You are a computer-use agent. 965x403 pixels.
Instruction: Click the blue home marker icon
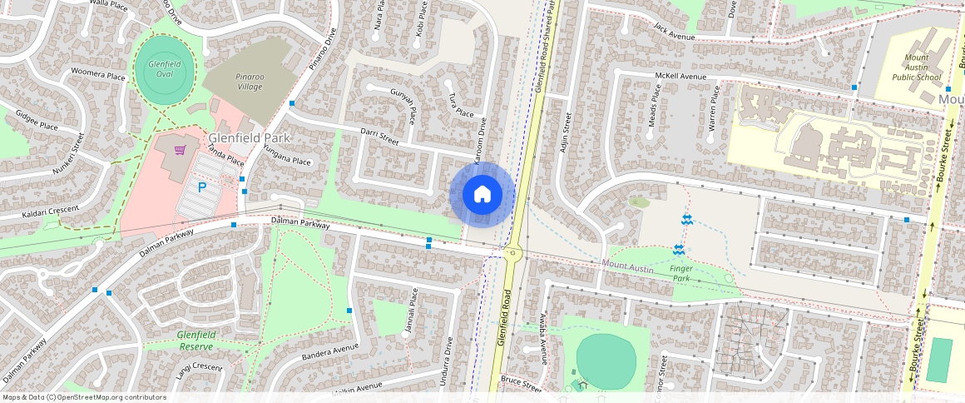click(482, 195)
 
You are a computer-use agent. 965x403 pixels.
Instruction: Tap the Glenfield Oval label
click(159, 69)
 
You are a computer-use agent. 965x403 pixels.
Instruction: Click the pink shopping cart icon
click(180, 150)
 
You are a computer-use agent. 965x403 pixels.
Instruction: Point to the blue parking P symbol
click(202, 188)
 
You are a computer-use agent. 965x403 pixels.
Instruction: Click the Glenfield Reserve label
click(195, 341)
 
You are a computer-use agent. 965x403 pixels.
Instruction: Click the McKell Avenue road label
click(680, 77)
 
